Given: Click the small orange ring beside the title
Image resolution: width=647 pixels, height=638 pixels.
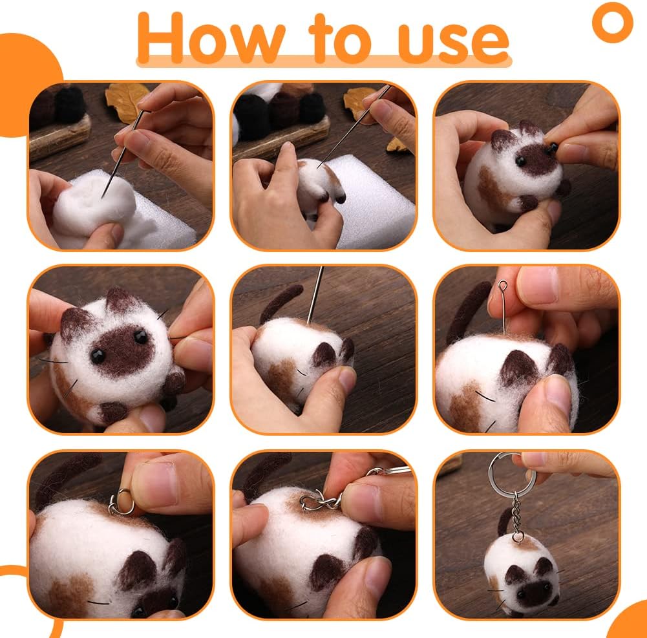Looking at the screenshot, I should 611,21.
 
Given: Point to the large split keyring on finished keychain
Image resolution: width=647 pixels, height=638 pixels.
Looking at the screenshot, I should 504,470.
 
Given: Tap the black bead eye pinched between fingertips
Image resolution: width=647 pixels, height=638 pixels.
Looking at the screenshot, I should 553,149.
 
